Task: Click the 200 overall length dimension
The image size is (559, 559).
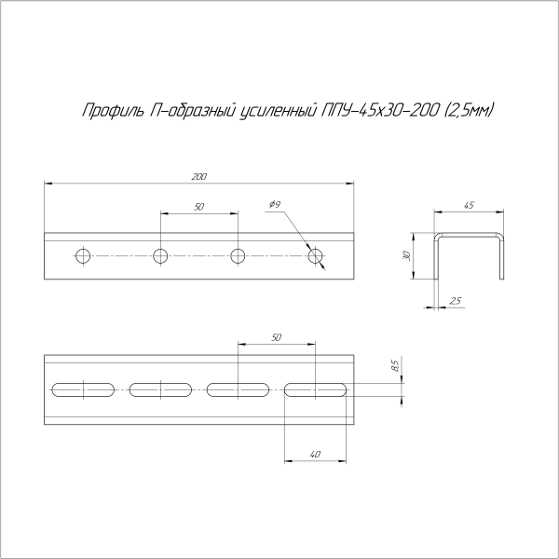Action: click(x=199, y=177)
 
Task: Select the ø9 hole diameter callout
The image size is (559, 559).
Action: click(x=275, y=204)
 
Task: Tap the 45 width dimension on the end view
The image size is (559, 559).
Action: click(x=470, y=205)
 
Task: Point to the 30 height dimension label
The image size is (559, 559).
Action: click(x=407, y=255)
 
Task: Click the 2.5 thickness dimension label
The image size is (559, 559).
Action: click(x=456, y=301)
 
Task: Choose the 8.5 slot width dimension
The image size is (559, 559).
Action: click(x=395, y=365)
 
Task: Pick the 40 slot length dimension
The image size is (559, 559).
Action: click(x=315, y=455)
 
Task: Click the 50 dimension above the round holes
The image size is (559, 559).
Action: click(x=199, y=207)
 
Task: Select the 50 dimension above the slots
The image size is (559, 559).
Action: click(x=277, y=337)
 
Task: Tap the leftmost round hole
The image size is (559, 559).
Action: click(x=83, y=255)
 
